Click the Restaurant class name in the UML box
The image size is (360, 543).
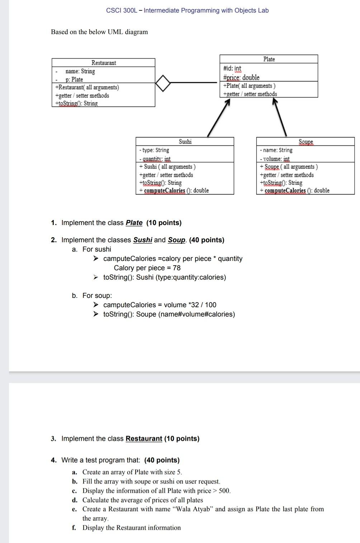click(104, 63)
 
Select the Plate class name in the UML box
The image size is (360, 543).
click(269, 59)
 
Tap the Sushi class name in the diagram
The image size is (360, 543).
click(185, 142)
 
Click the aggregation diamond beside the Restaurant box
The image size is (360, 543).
click(163, 83)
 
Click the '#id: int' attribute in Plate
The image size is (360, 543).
click(232, 68)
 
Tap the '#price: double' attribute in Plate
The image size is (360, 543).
click(241, 77)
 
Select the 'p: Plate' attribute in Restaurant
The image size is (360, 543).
click(74, 79)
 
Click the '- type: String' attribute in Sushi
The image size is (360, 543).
click(154, 150)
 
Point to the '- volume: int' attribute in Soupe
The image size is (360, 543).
click(275, 159)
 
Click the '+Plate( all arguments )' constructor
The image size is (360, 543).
click(249, 86)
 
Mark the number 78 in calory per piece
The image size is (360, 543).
click(176, 268)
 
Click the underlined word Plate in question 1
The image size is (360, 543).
click(134, 223)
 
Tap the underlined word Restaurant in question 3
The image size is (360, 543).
click(144, 439)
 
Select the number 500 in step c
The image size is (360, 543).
click(224, 491)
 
